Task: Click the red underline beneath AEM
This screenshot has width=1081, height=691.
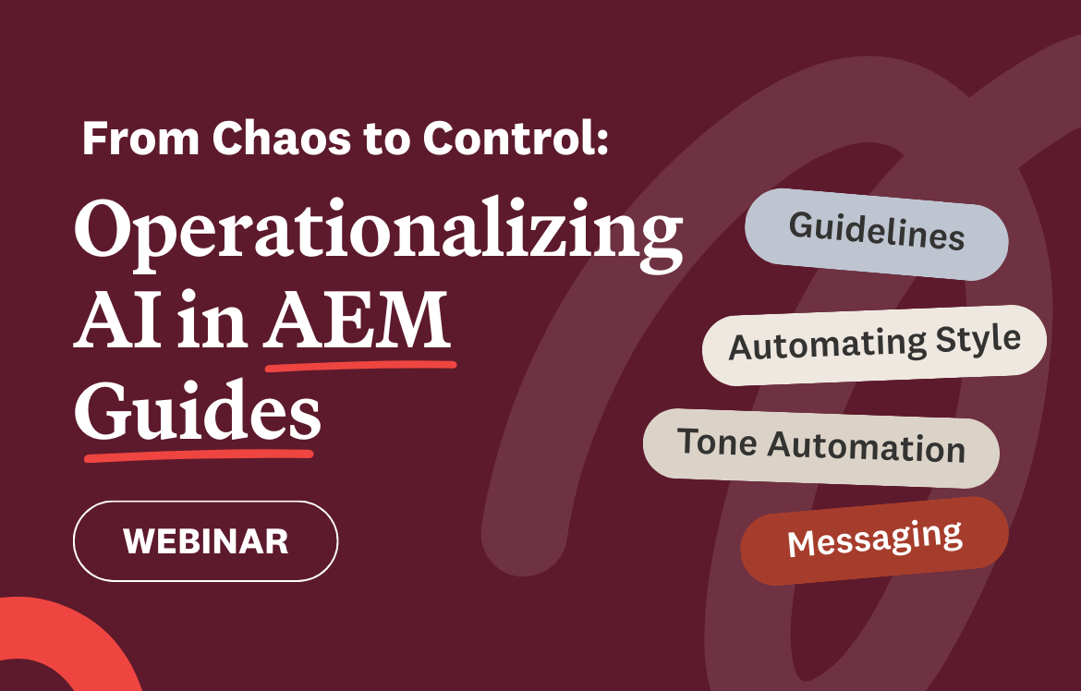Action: [360, 367]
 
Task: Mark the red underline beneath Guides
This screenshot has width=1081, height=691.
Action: [198, 455]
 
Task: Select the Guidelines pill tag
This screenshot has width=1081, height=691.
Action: [876, 234]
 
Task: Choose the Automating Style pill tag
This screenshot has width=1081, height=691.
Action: [874, 345]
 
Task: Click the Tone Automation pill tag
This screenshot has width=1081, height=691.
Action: [820, 447]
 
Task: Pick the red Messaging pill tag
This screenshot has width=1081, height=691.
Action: [874, 539]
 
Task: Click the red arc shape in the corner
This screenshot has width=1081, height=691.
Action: [55, 637]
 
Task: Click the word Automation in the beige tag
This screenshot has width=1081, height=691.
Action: [867, 450]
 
